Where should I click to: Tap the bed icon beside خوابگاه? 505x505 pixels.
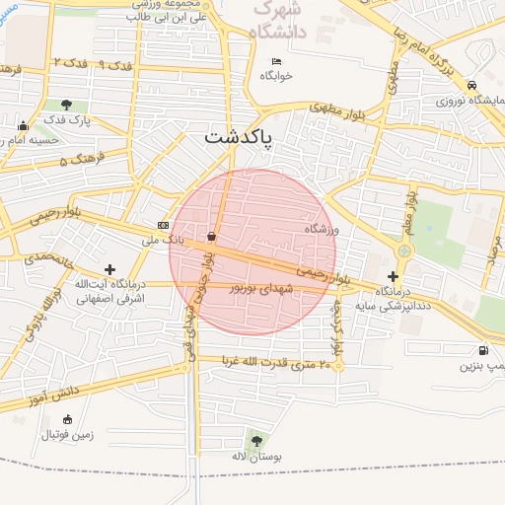tap(277, 62)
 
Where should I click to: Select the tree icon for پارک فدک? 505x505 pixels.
tap(66, 105)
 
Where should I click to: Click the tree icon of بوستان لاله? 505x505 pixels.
tap(256, 440)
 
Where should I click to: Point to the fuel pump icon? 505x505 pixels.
tap(481, 349)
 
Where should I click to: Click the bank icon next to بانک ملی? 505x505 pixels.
tap(163, 225)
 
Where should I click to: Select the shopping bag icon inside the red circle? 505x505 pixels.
tap(212, 237)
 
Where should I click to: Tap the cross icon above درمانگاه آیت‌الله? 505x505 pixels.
tap(108, 268)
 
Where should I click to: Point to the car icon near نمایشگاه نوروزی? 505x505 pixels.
tap(472, 85)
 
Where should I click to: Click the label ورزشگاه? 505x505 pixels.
tap(322, 229)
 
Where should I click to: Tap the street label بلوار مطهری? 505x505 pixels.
tap(336, 109)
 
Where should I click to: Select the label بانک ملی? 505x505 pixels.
tap(164, 240)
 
